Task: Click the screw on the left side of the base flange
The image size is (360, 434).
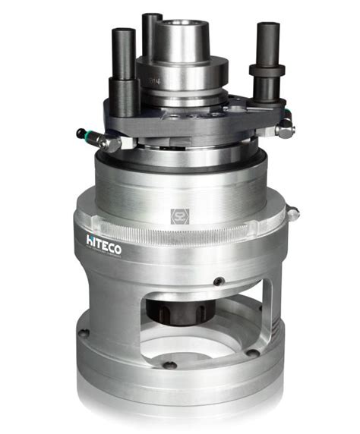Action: (x=85, y=332)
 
